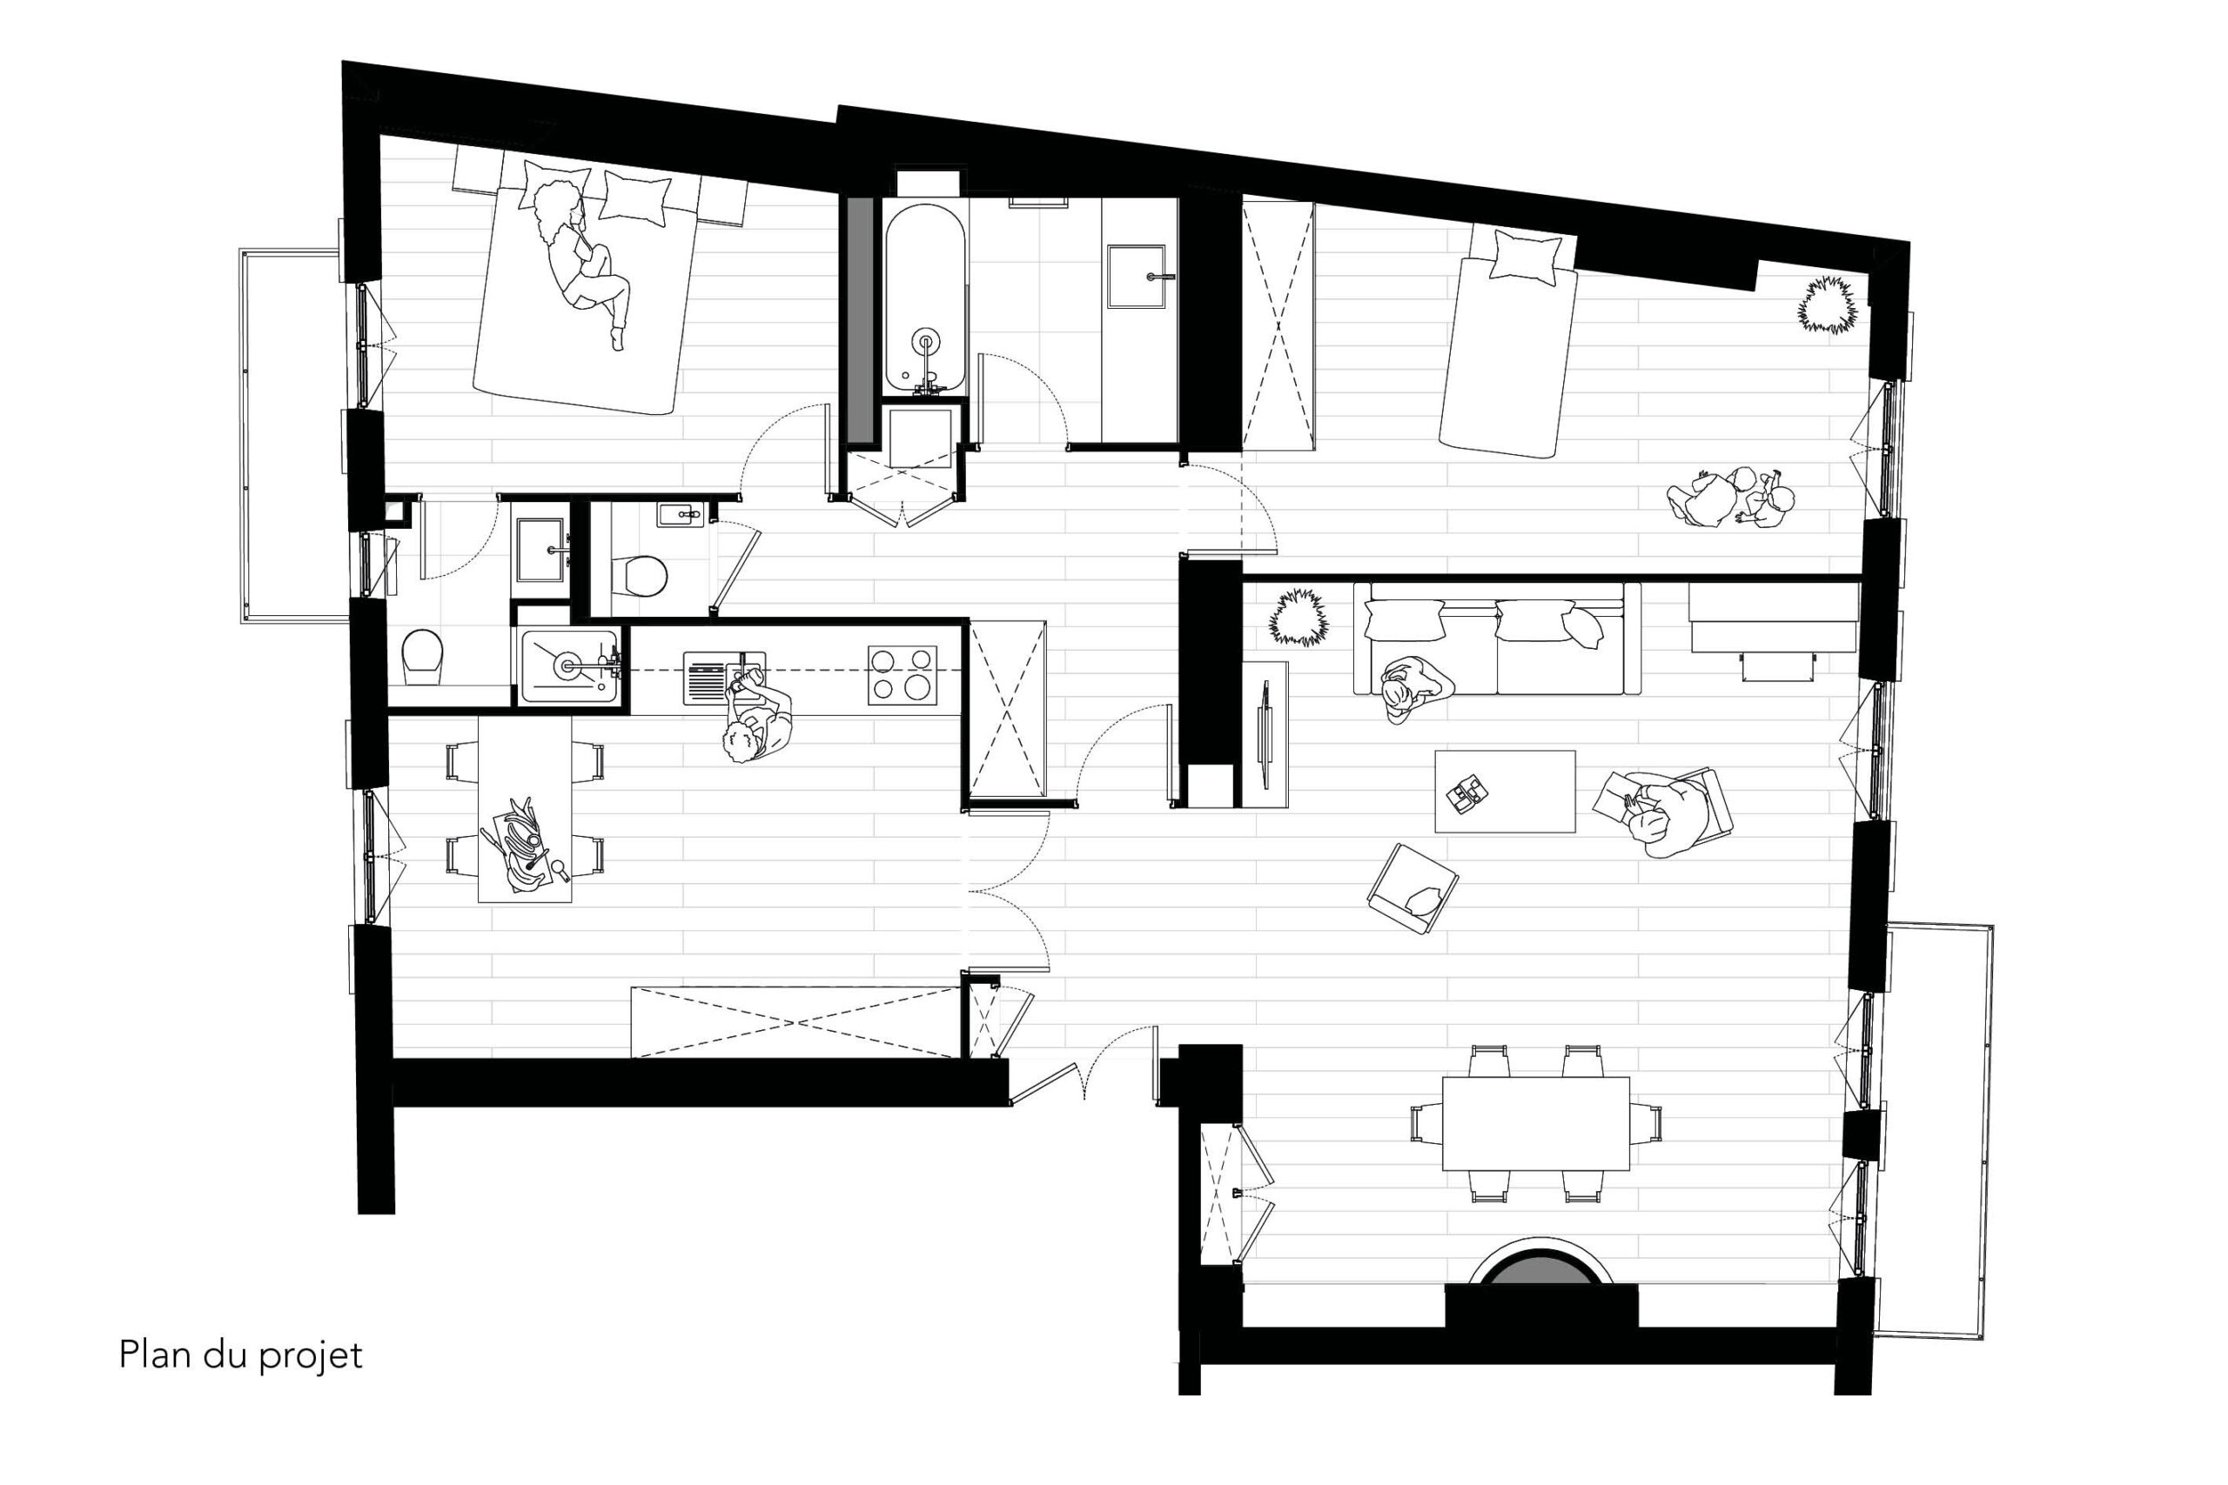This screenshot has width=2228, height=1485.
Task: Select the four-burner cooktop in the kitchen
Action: [x=902, y=675]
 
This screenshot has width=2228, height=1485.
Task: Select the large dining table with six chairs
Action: [x=1535, y=1123]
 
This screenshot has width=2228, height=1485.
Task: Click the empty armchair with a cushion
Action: [x=1412, y=889]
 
